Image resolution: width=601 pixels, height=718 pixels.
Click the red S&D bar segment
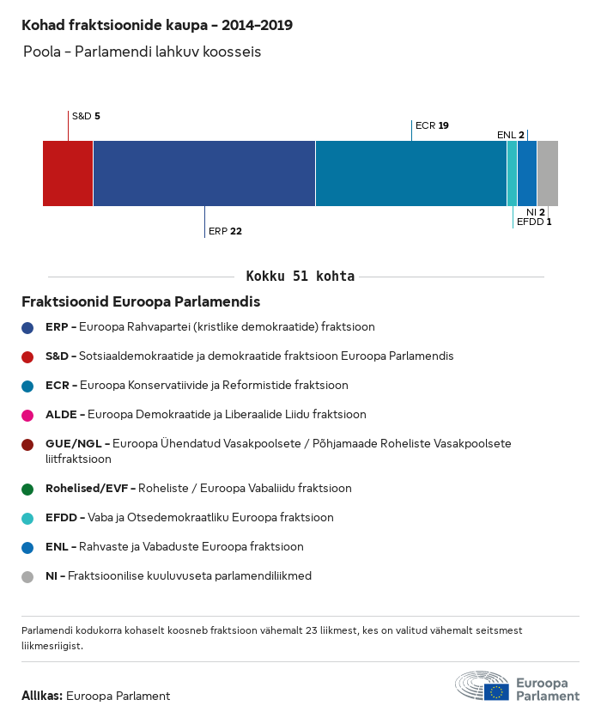coord(68,173)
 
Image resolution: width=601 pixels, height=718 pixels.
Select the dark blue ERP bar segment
coord(204,173)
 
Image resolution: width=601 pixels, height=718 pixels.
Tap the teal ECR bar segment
coord(411,173)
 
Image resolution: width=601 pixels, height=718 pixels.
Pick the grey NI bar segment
coord(548,173)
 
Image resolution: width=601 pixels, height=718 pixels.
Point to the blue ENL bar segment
coord(527,173)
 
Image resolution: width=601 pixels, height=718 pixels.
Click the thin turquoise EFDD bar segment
coord(512,173)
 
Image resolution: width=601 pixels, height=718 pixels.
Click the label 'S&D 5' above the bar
coord(86,115)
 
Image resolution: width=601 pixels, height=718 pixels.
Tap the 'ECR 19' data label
coord(432,125)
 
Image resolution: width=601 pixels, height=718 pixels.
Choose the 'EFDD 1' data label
coord(533,222)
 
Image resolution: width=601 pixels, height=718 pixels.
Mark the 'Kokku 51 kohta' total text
coord(300,277)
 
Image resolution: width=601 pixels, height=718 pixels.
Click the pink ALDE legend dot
coord(27,415)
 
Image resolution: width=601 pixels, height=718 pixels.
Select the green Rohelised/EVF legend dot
coord(27,489)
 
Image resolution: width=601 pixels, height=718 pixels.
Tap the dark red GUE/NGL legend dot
coord(27,444)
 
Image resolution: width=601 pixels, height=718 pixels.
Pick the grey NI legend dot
coord(27,576)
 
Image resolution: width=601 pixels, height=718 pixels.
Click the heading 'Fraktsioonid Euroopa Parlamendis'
coord(141,302)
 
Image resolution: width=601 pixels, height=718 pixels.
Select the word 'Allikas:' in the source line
coord(42,696)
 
